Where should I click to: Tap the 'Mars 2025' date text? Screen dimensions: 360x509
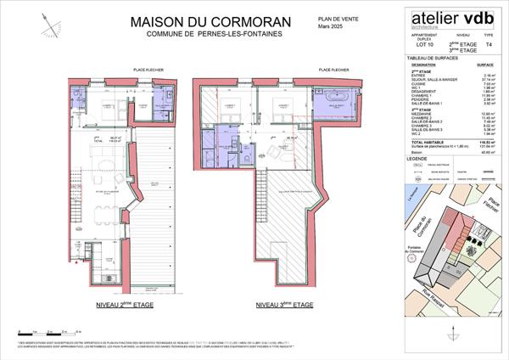pyautogui.click(x=331, y=27)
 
